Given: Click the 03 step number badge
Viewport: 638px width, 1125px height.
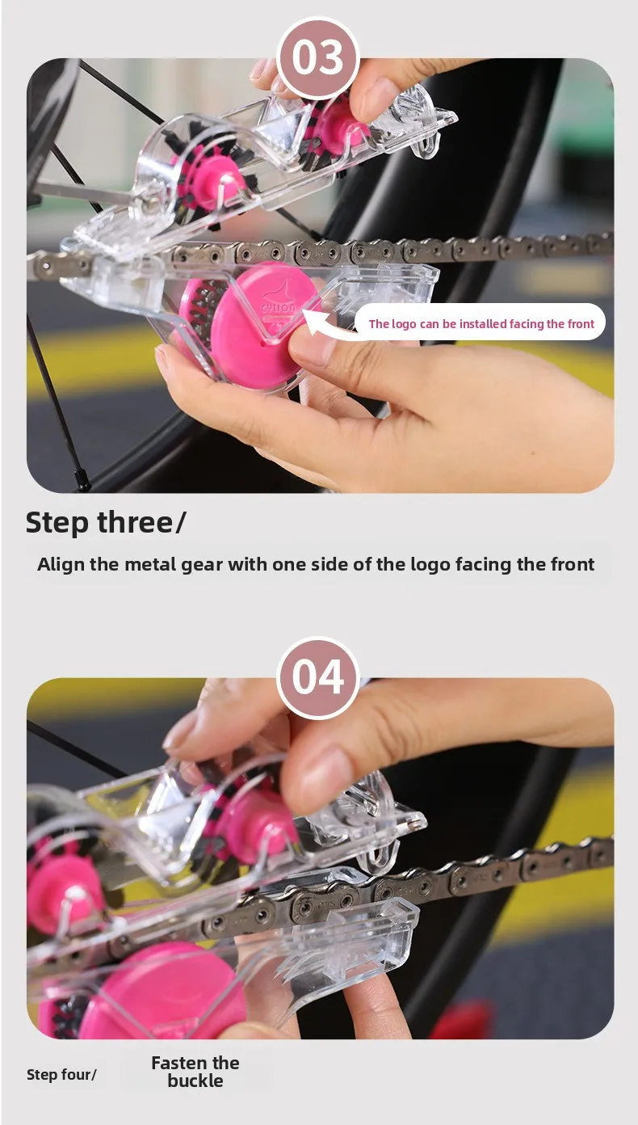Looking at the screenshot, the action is pos(318,57).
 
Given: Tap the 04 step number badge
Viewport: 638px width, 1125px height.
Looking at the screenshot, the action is pos(318,677).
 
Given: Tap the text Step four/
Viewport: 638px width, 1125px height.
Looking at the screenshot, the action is pos(61,1074).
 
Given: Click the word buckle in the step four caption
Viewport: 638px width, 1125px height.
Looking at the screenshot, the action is pos(195,1080).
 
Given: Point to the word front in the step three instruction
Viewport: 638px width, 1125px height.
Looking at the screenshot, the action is pos(573,564).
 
